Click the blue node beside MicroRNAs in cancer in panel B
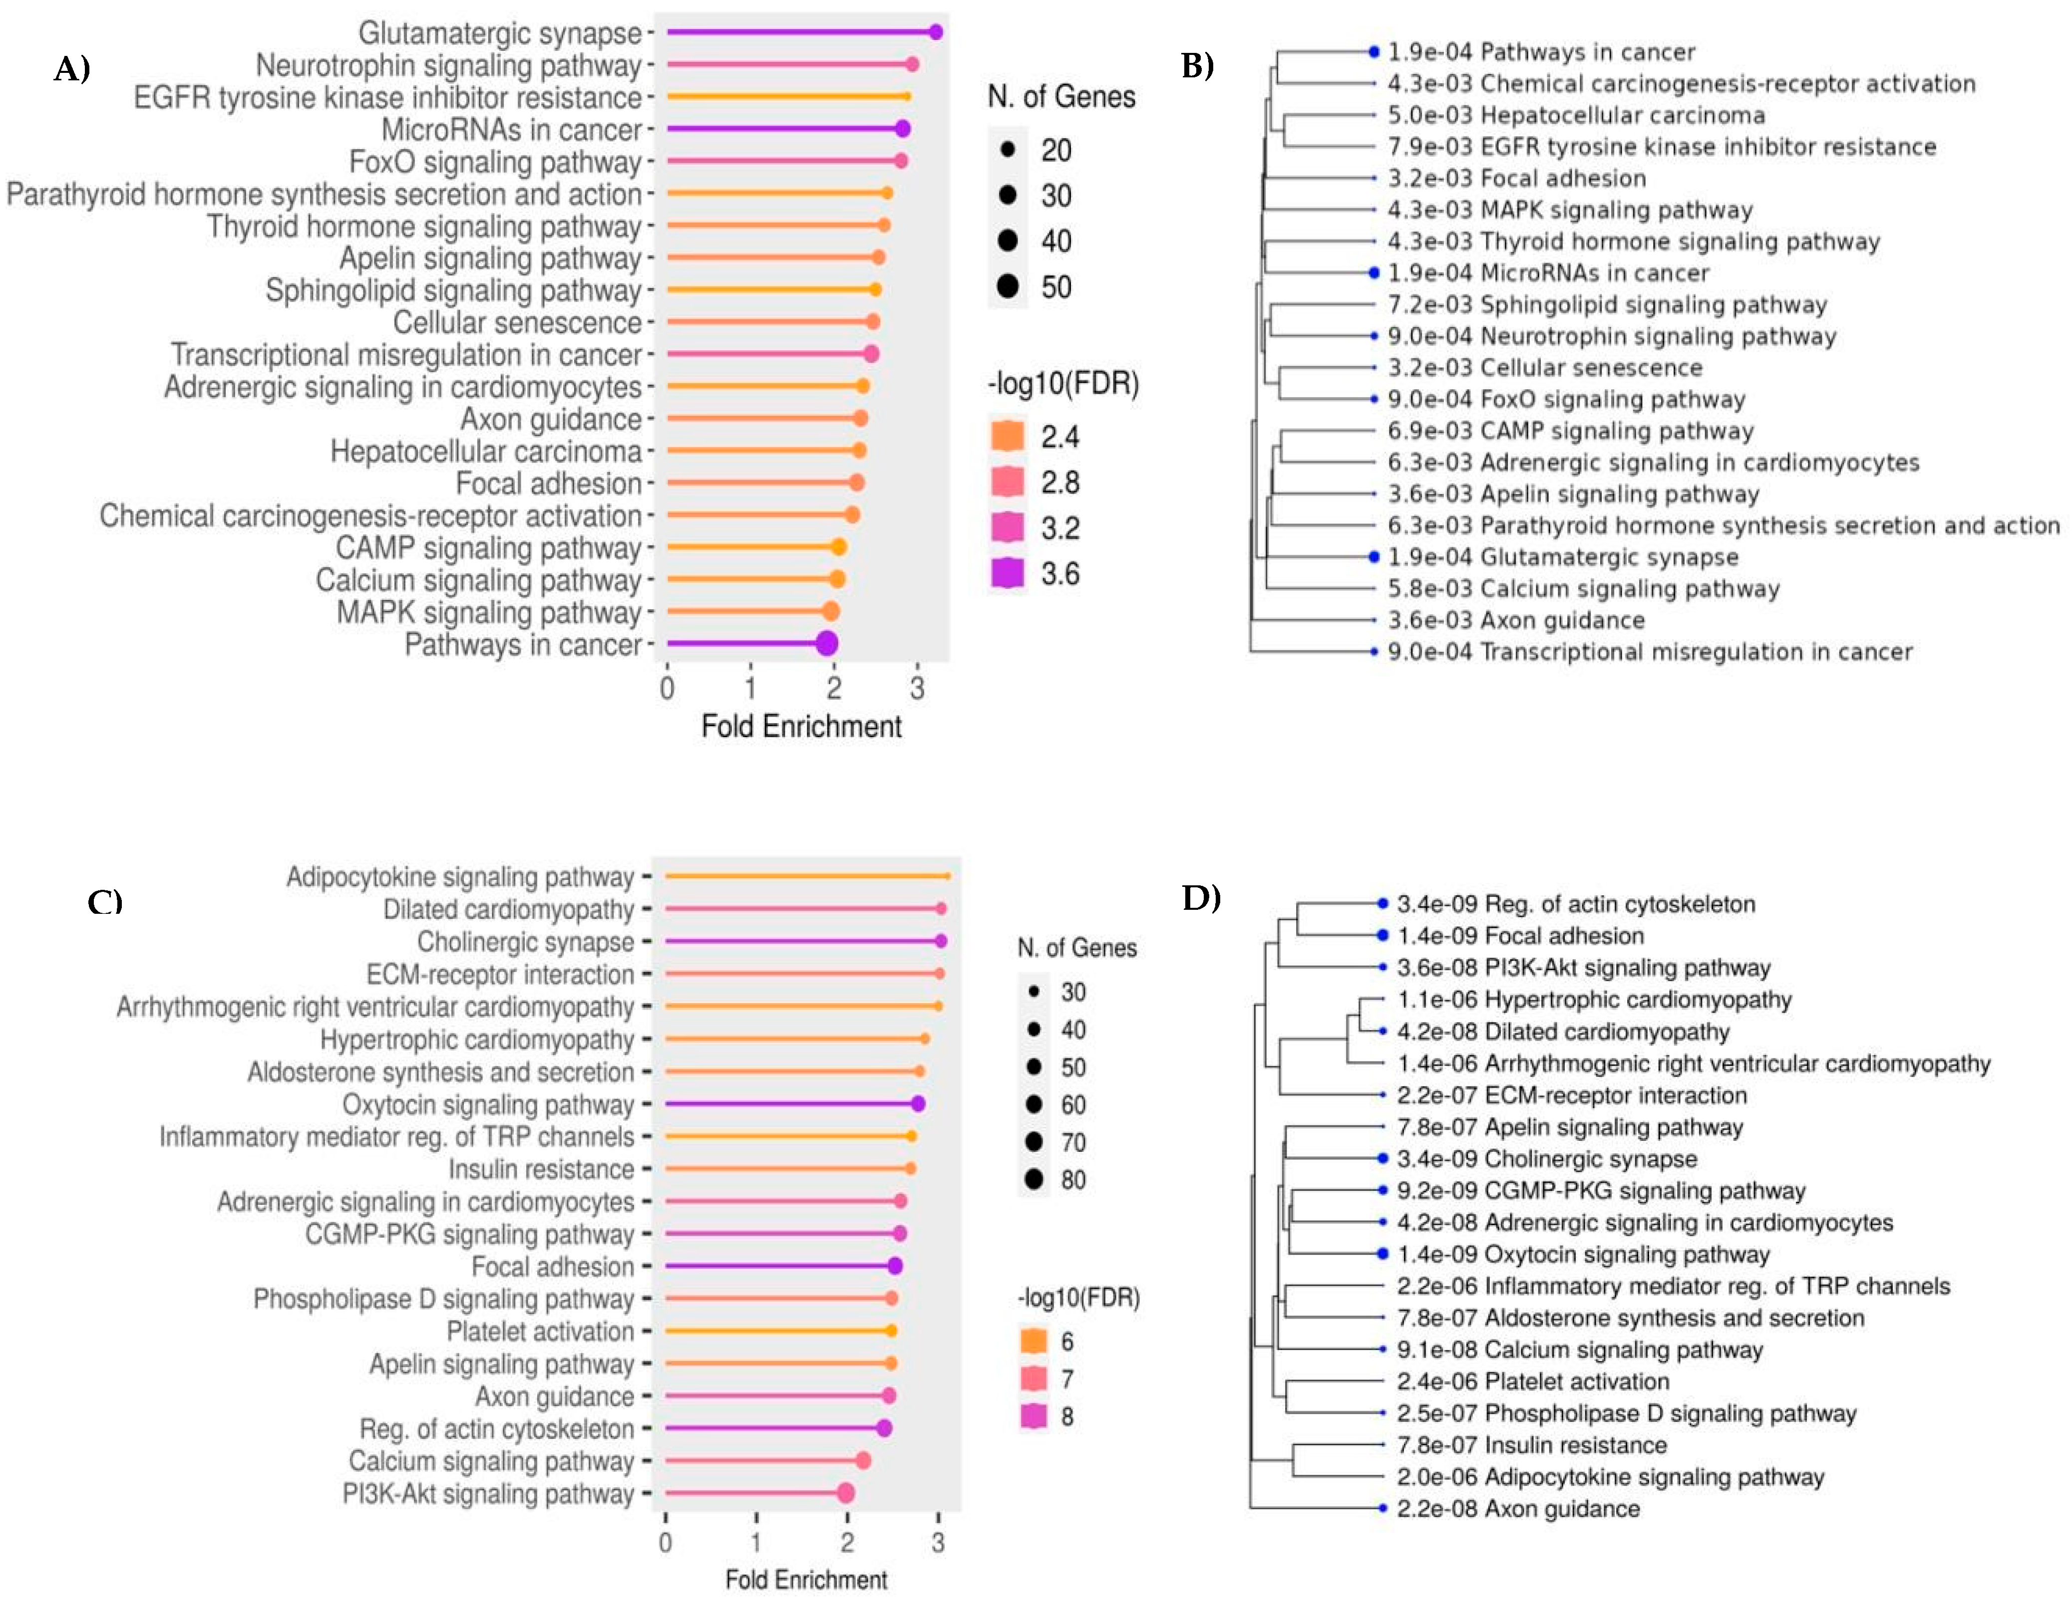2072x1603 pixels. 1373,273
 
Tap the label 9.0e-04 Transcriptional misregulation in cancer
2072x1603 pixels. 1649,652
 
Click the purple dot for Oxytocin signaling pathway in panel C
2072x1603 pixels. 917,1104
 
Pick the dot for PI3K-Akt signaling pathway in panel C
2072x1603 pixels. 845,1493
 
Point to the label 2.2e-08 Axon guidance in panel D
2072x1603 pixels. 1518,1508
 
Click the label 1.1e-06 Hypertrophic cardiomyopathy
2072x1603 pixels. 1594,1000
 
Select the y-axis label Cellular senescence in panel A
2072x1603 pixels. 517,322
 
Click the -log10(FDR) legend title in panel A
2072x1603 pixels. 1062,384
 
